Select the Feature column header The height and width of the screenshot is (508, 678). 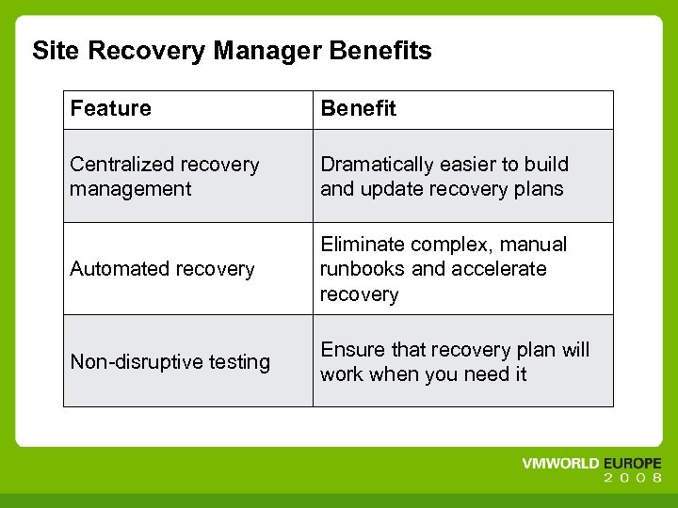(x=110, y=109)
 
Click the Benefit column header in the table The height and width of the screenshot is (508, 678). (x=358, y=109)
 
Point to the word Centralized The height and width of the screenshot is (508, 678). (x=118, y=165)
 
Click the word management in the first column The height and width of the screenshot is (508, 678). (x=130, y=189)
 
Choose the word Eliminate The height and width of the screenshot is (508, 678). (x=359, y=245)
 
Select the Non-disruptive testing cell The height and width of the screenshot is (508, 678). (x=169, y=362)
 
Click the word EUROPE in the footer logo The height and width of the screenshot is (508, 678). (x=628, y=465)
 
